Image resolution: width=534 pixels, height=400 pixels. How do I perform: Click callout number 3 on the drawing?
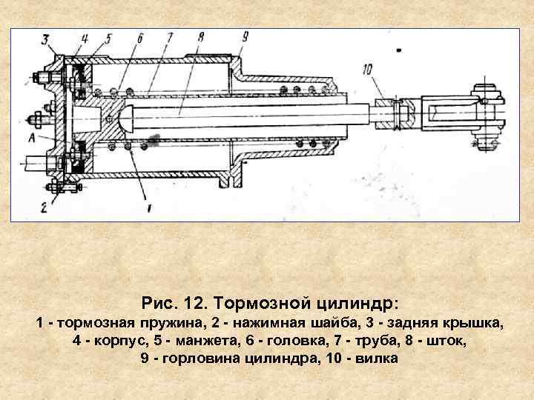coord(45,39)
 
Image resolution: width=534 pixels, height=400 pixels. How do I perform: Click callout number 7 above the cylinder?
coord(169,37)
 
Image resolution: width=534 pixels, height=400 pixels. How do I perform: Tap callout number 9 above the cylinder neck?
coord(245,36)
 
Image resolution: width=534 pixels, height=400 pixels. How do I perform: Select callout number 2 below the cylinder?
coord(44,207)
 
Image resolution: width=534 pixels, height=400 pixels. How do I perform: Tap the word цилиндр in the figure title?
coord(358,304)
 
